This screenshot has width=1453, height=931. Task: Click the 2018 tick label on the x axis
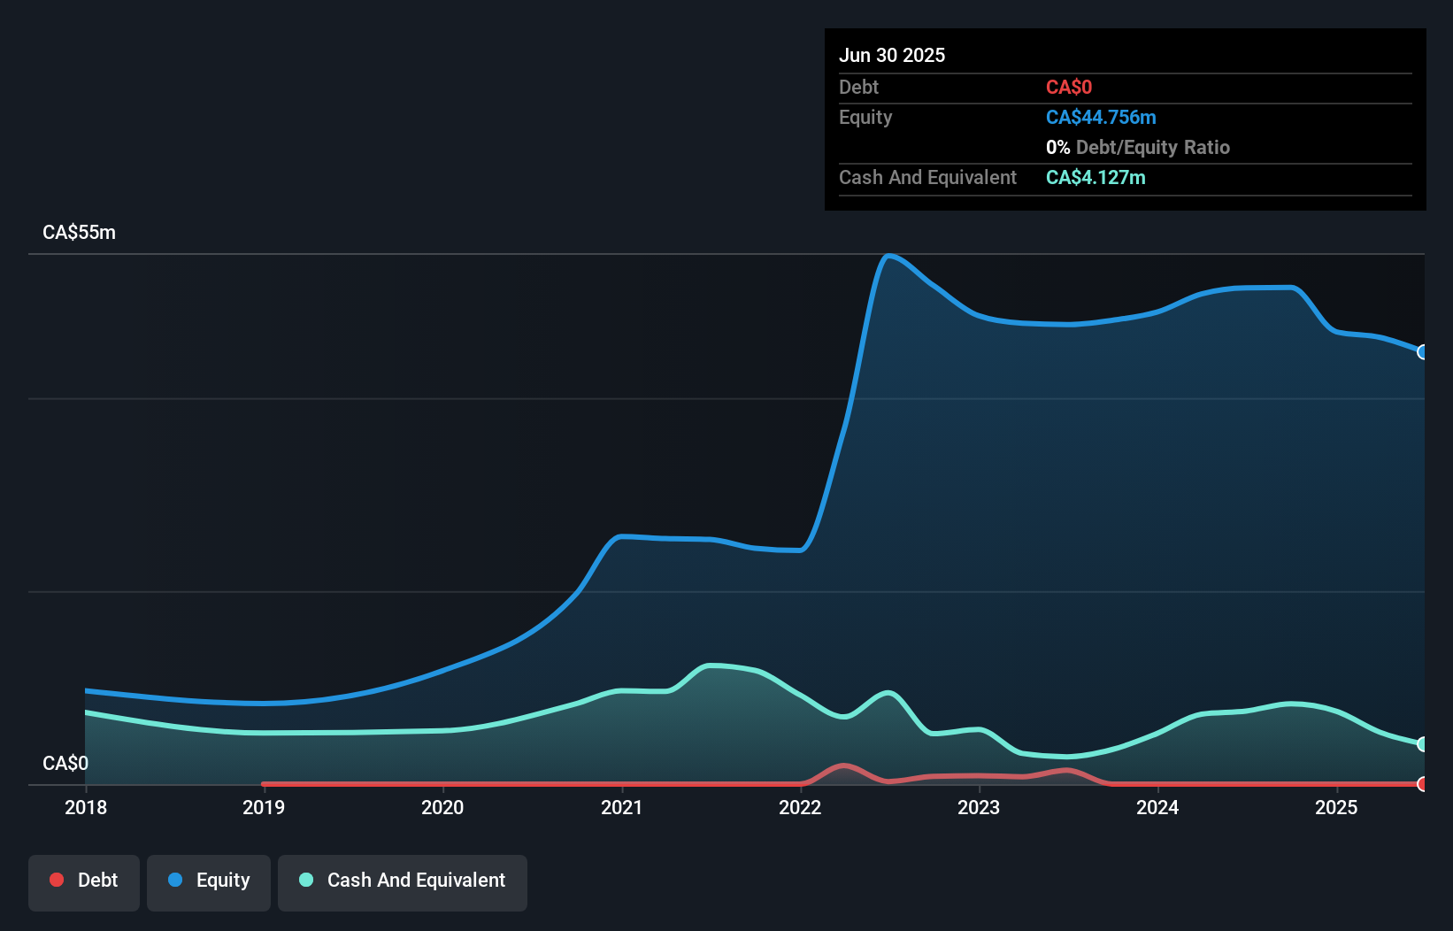point(86,807)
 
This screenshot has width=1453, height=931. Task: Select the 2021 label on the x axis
point(621,807)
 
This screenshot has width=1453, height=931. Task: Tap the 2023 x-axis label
point(979,807)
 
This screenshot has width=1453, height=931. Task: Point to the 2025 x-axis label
point(1336,807)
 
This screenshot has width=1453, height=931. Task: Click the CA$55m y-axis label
point(79,232)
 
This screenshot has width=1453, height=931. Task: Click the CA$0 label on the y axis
point(65,763)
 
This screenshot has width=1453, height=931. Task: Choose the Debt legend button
point(84,881)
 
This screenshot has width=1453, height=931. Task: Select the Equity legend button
point(209,881)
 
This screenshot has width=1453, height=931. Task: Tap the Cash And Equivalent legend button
point(403,881)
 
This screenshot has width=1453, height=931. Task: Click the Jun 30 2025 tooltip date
point(892,55)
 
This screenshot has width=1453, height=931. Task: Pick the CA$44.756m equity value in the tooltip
point(1101,117)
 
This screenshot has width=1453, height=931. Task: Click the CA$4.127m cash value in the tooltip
point(1096,177)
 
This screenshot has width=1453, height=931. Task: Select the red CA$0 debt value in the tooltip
point(1069,87)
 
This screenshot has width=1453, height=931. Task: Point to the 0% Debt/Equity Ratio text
point(1138,147)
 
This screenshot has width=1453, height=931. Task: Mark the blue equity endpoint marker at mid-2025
point(1423,352)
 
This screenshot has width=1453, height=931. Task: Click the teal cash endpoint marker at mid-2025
point(1423,744)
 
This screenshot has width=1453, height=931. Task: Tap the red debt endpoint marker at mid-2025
point(1423,784)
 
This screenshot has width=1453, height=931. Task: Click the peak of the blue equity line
point(888,256)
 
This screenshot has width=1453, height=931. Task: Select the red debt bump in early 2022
point(842,766)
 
